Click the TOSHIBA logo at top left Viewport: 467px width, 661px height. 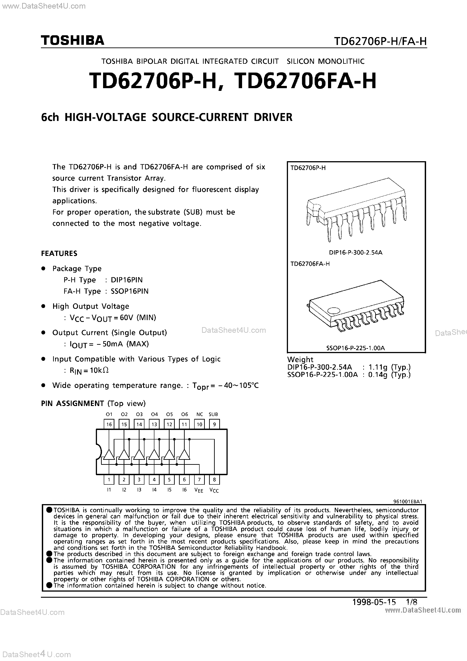(x=73, y=40)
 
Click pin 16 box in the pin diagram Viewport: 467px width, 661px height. (x=109, y=424)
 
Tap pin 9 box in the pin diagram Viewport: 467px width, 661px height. (x=214, y=424)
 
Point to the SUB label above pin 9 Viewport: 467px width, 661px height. (x=213, y=414)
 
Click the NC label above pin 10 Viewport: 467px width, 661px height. (x=200, y=414)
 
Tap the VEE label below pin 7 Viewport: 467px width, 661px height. (x=199, y=490)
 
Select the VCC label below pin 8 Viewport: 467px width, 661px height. (x=214, y=490)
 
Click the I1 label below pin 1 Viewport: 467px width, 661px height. (x=109, y=489)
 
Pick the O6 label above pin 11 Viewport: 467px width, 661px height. (x=184, y=414)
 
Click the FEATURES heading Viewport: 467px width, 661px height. (x=59, y=253)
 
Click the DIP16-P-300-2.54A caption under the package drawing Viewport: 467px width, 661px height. (x=356, y=253)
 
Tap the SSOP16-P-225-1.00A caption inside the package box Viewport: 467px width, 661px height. (x=356, y=348)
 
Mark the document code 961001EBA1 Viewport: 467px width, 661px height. (x=408, y=501)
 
